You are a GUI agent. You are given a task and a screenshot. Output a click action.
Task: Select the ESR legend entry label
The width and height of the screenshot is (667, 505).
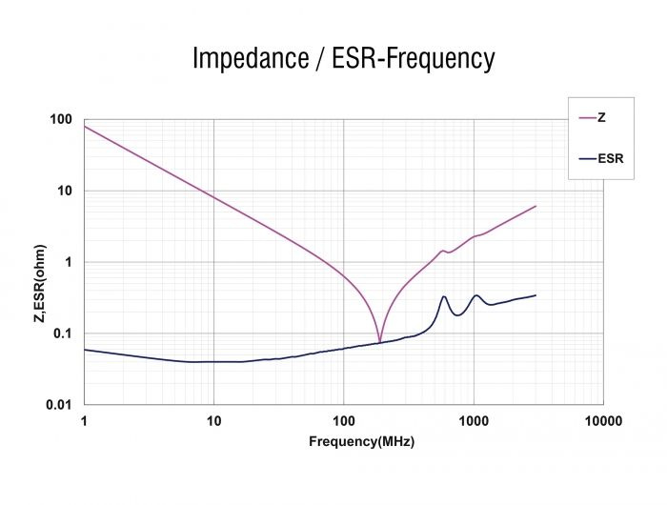[x=610, y=158]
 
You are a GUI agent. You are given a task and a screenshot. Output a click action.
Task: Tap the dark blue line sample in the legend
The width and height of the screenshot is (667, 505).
[x=586, y=158]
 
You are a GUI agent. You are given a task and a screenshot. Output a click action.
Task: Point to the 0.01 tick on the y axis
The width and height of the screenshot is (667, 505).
[x=58, y=405]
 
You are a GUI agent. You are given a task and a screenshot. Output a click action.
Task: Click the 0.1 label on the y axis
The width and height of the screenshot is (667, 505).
[x=61, y=333]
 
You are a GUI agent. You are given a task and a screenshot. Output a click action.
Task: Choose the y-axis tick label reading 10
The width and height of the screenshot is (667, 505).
[x=65, y=191]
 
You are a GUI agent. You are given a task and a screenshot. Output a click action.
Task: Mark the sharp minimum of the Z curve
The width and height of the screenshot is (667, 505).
[x=379, y=341]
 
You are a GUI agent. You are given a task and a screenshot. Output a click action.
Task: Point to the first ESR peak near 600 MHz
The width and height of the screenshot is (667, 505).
[x=444, y=296]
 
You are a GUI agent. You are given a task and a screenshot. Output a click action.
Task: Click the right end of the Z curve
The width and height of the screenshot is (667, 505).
[x=536, y=206]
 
